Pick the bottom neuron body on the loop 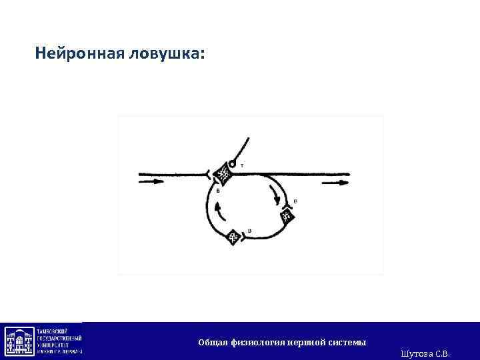point(233,237)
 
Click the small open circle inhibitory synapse point(232,163)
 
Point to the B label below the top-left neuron point(218,191)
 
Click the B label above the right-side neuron point(295,201)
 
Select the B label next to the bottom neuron point(249,231)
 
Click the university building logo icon point(19,341)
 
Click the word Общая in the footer point(213,342)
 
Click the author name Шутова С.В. point(426,352)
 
